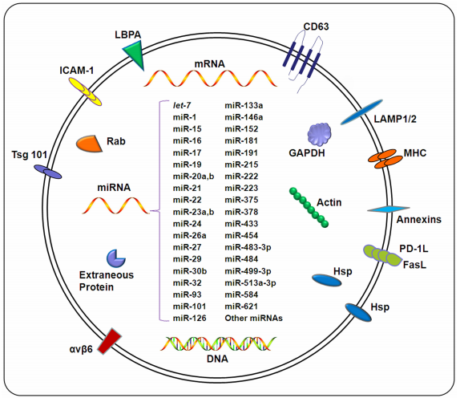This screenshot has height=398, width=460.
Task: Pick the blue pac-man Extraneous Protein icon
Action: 116,258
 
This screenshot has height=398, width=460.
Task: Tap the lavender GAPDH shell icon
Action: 319,133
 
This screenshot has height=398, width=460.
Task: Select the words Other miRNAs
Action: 254,319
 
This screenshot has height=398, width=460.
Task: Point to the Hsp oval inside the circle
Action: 326,280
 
